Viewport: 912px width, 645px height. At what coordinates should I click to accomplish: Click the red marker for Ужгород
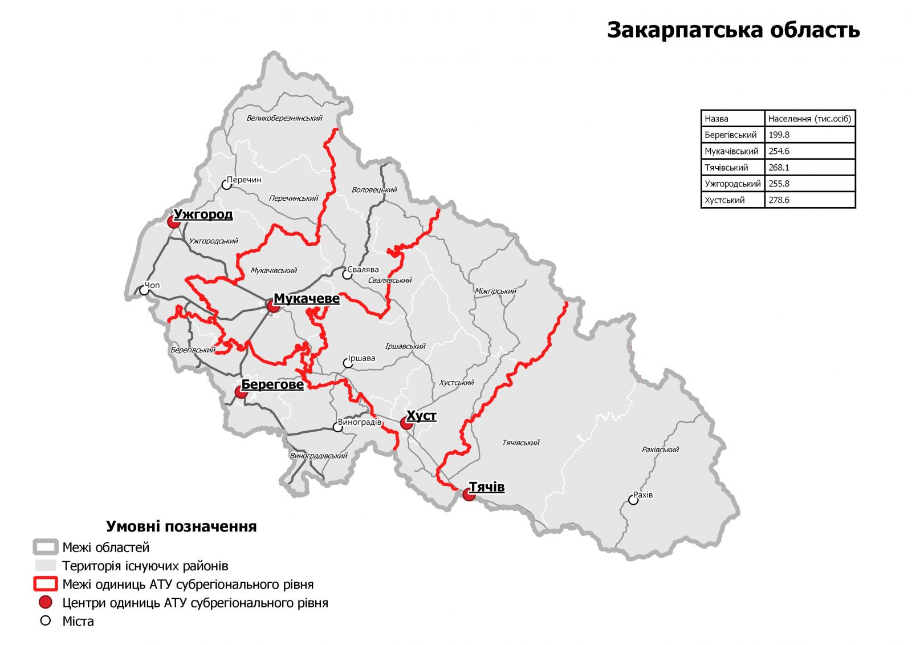tap(174, 222)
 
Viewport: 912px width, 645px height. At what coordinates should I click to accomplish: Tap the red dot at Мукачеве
tap(274, 306)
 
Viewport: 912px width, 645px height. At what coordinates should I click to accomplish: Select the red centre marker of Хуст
tap(406, 423)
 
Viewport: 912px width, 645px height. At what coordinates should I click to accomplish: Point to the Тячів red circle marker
tap(469, 494)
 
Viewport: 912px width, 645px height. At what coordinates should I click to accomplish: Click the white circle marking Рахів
tap(633, 500)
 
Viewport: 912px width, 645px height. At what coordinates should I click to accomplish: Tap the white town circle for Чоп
tap(145, 290)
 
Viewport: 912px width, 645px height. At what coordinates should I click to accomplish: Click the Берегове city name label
tap(272, 384)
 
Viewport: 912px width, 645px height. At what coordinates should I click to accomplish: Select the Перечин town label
tap(244, 180)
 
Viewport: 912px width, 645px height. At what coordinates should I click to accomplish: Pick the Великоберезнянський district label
tap(284, 118)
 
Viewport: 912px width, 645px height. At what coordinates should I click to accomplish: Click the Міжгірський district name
tap(495, 291)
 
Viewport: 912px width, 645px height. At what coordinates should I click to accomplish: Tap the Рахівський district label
tap(660, 449)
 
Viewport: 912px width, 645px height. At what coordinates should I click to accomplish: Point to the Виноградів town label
tap(360, 423)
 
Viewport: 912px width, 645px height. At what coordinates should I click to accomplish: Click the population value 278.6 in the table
tap(779, 200)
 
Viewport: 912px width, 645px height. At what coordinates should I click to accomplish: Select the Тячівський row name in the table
tap(726, 168)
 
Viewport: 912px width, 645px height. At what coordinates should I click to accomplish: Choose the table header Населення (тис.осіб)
tap(809, 119)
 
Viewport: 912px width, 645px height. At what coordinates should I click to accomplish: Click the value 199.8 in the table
tap(779, 135)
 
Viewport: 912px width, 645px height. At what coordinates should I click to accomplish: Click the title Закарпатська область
tap(733, 30)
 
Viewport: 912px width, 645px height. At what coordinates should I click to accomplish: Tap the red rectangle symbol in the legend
tap(46, 584)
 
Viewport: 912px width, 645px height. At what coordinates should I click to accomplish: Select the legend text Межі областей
tap(106, 547)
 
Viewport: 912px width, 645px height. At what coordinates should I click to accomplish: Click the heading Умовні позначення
tap(181, 526)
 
